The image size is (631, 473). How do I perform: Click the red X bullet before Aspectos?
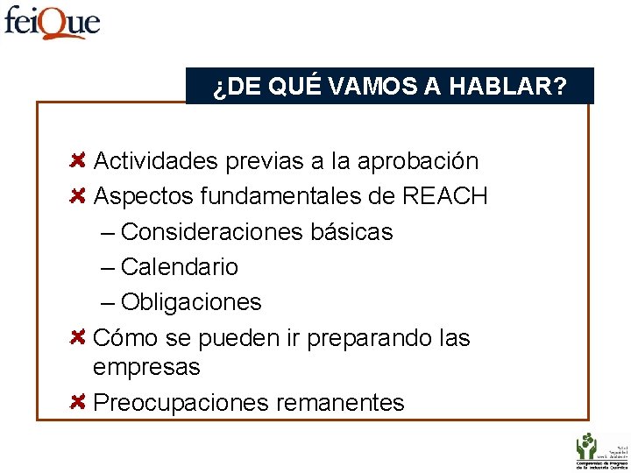77,196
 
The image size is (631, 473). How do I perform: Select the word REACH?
444,196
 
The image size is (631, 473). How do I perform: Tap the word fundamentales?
284,196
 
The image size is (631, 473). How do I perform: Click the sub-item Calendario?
179,267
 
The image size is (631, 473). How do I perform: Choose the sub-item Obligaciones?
191,302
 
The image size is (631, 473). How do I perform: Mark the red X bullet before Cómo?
77,337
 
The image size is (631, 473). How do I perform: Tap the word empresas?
146,367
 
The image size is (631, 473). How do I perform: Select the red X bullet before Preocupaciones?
77,402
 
